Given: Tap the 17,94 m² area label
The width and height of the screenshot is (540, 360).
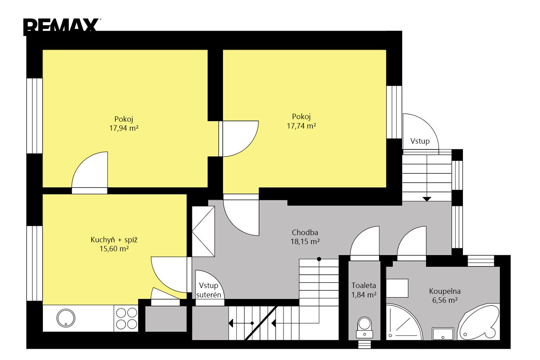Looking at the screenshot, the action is [124, 128].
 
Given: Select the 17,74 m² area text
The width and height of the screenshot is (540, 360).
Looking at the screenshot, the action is [301, 126].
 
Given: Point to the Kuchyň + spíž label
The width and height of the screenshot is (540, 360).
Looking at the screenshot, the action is [114, 240].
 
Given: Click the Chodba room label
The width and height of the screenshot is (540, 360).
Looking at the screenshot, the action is [305, 233].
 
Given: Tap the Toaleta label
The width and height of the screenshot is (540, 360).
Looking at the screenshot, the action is [364, 285].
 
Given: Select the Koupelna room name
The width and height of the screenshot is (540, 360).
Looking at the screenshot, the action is [445, 291].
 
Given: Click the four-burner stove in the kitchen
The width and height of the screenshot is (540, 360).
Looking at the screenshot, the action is [126, 319].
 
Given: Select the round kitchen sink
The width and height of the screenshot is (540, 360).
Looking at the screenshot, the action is [66, 318].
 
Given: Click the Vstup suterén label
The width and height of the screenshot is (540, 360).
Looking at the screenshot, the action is [208, 290].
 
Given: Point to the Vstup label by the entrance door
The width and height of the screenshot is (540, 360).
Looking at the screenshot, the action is [420, 141].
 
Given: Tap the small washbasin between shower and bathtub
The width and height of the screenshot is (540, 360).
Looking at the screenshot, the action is [442, 334].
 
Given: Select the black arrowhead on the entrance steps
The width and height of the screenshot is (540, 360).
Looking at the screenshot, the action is [427, 199].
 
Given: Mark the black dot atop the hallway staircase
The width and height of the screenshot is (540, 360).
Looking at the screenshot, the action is [319, 259].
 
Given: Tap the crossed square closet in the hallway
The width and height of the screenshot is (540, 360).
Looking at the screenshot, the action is [203, 231].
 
